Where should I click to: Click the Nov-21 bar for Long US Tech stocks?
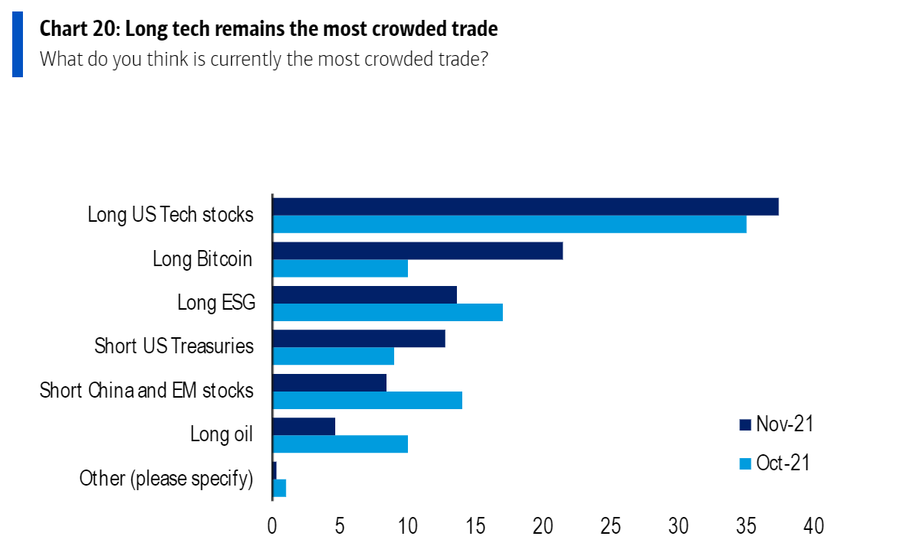click(x=525, y=206)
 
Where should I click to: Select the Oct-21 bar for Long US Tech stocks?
click(x=509, y=224)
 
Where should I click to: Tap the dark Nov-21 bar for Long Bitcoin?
click(x=417, y=251)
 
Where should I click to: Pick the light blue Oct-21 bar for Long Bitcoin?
click(x=340, y=268)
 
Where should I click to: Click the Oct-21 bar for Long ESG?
click(x=387, y=312)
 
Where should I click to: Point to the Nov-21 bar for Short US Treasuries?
click(x=358, y=339)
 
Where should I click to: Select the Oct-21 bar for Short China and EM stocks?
click(x=367, y=400)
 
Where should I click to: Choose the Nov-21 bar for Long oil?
click(x=304, y=427)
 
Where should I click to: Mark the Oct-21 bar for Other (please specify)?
click(x=279, y=488)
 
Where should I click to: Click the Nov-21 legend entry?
click(x=775, y=424)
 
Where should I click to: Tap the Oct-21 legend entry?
click(x=774, y=463)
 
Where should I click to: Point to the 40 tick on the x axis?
click(x=814, y=527)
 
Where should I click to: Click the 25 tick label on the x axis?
click(x=611, y=527)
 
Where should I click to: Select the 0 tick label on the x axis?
click(x=272, y=527)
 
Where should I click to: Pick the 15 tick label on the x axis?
click(x=475, y=527)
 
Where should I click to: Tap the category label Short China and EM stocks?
click(x=146, y=391)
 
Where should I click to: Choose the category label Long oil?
click(x=221, y=435)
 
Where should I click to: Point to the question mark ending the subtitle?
click(x=484, y=59)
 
